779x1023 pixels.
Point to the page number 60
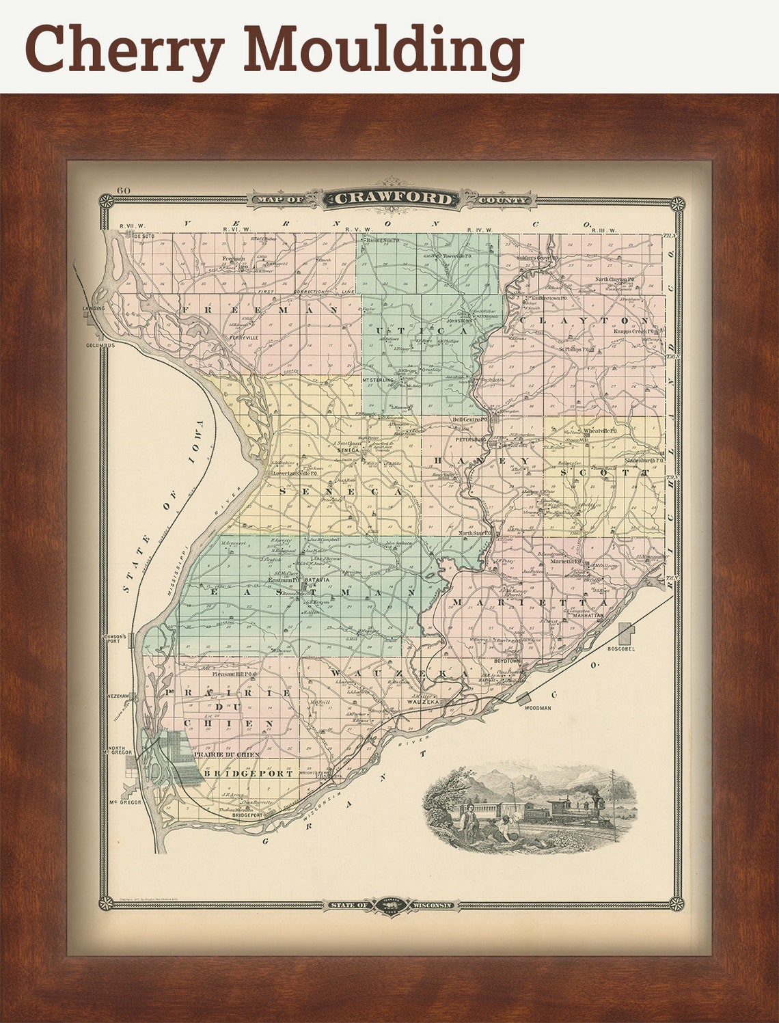click(124, 191)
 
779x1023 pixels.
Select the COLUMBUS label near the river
click(100, 345)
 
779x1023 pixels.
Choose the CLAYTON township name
click(585, 320)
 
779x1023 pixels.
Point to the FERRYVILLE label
click(244, 338)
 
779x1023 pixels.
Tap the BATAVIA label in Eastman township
click(317, 579)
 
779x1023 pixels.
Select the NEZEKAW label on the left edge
click(118, 695)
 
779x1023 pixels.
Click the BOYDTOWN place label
click(508, 661)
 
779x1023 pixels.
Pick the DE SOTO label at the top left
click(145, 236)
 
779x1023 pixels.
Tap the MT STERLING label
click(378, 379)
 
